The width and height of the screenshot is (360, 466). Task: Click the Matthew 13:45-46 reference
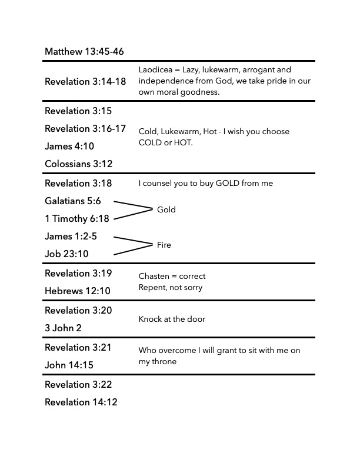84,52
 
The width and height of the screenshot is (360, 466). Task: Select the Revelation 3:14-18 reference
85,81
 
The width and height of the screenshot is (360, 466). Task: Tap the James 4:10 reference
69,146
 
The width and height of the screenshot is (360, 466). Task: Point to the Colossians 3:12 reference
78,164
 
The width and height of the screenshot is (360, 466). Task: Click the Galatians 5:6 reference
73,201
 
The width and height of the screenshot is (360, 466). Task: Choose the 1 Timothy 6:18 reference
77,218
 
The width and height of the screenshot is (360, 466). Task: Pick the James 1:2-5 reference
71,236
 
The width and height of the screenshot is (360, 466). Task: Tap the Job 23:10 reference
66,254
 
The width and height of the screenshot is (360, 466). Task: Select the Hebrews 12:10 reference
78,291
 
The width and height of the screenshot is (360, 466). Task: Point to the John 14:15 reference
69,365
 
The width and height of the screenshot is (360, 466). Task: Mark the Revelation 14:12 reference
81,402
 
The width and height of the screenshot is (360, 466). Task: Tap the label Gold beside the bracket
166,209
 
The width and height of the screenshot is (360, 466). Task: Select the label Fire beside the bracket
164,245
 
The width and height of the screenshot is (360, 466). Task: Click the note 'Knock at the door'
172,319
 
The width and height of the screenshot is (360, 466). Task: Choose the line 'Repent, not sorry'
170,287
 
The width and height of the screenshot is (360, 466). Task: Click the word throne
165,362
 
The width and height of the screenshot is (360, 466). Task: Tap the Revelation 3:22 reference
78,384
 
